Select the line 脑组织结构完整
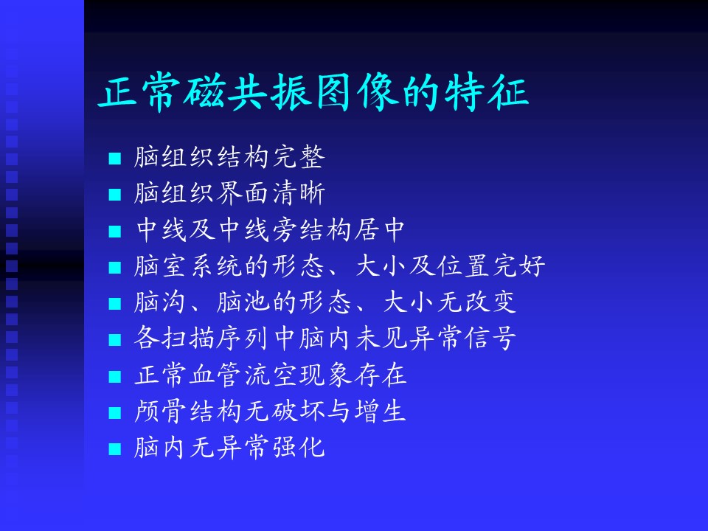[x=229, y=157]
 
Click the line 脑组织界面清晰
[x=229, y=193]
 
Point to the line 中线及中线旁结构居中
[x=271, y=229]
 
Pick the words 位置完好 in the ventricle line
[x=492, y=265]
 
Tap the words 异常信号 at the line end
[x=464, y=339]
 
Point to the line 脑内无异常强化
[x=229, y=448]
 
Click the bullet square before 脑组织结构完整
[x=115, y=158]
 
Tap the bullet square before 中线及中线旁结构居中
[x=115, y=231]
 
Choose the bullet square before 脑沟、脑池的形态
[x=115, y=303]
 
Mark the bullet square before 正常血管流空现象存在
[x=115, y=376]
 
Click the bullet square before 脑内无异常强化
[x=115, y=449]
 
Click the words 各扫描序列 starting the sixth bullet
[x=201, y=339]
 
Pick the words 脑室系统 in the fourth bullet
[x=188, y=265]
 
